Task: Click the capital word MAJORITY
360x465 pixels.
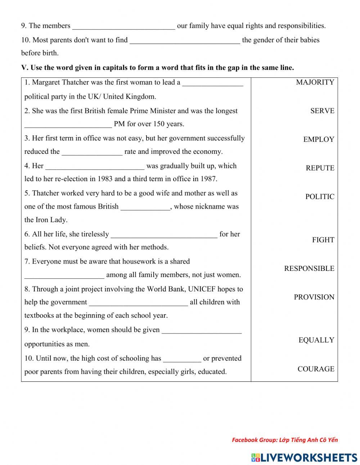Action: tap(315, 82)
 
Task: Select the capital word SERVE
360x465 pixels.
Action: tap(322, 111)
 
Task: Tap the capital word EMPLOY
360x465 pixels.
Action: tap(319, 140)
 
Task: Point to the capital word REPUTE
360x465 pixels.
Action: tap(320, 168)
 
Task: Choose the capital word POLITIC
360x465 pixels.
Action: tap(320, 197)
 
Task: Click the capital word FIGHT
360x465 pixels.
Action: tap(323, 240)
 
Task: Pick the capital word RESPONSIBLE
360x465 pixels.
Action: tap(309, 268)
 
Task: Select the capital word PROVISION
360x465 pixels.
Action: tap(314, 297)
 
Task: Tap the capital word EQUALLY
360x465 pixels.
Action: tap(316, 340)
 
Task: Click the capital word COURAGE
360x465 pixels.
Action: tap(316, 369)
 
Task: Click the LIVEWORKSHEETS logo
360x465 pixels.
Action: tap(304, 457)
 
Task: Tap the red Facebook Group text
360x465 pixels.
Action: tap(285, 440)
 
